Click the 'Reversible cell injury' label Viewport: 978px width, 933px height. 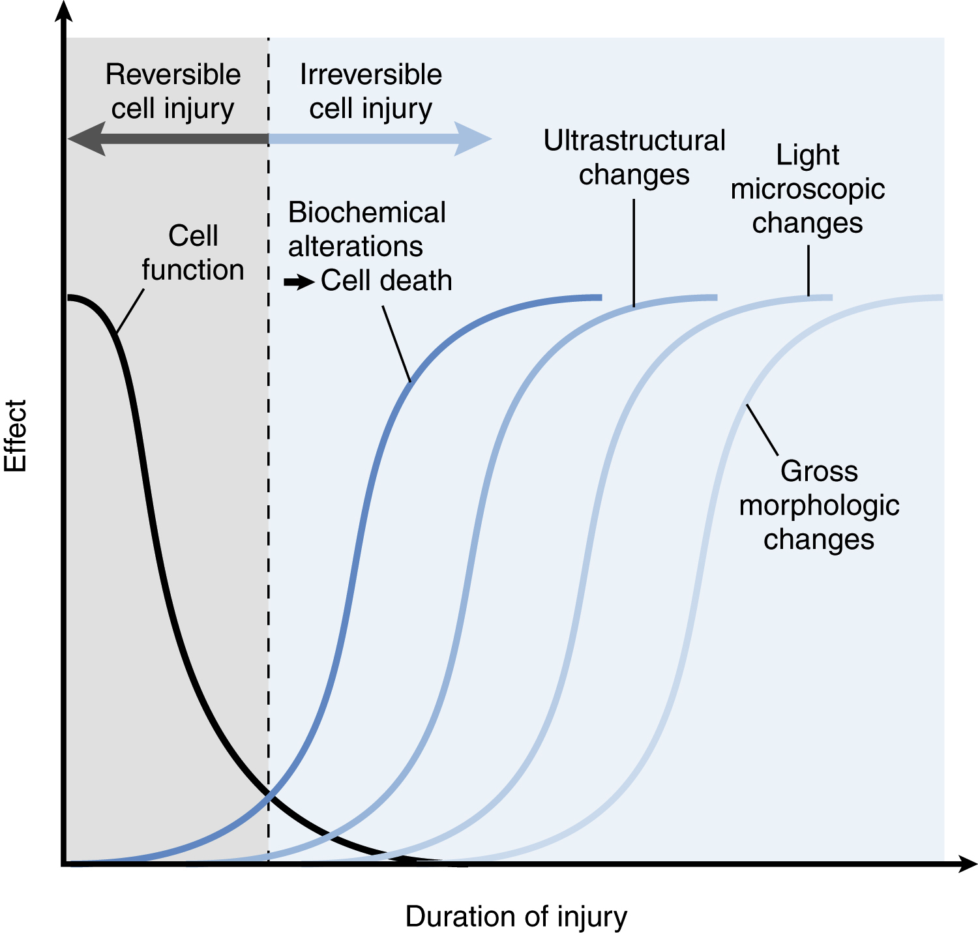click(x=173, y=91)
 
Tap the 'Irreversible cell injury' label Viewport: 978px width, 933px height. click(x=370, y=91)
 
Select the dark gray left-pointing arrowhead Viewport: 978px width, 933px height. click(x=88, y=139)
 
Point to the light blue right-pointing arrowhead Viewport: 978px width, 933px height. click(x=472, y=139)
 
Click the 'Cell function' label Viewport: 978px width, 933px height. click(x=193, y=253)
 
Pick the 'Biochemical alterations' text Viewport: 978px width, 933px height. click(x=366, y=230)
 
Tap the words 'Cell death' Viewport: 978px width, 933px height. click(x=386, y=281)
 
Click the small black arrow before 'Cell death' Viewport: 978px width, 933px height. click(x=299, y=282)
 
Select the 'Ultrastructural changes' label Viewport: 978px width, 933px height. click(x=634, y=158)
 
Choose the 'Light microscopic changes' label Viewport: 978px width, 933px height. click(x=808, y=189)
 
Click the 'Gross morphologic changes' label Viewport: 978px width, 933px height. click(x=819, y=505)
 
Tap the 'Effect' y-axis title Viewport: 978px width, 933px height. click(x=16, y=436)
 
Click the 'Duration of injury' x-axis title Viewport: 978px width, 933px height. click(x=516, y=916)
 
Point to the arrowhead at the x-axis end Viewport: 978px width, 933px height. click(x=968, y=864)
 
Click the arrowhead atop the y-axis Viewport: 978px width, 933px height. click(x=64, y=12)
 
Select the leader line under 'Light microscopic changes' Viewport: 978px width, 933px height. click(x=808, y=271)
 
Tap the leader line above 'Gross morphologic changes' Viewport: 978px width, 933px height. click(x=762, y=430)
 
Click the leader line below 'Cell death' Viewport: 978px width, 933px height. click(x=396, y=344)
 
